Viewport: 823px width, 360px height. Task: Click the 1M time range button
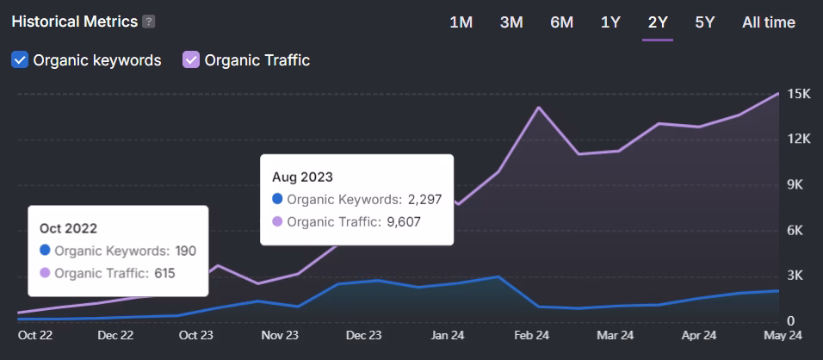click(x=461, y=22)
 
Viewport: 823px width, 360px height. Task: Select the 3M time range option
click(x=511, y=22)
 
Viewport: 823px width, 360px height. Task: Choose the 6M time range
click(x=561, y=22)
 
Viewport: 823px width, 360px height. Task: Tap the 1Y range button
click(x=610, y=22)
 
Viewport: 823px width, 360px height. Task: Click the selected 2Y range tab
click(x=658, y=22)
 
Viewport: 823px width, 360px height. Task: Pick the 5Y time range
click(x=704, y=22)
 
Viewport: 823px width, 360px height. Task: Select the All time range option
click(x=768, y=22)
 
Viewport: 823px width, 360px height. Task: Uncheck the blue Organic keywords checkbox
click(x=20, y=60)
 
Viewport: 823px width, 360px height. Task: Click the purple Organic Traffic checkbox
click(x=191, y=60)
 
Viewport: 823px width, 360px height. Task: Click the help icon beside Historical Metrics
click(x=149, y=22)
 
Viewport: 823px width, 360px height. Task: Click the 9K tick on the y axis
click(x=797, y=185)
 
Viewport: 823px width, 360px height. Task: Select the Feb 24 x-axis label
click(x=532, y=336)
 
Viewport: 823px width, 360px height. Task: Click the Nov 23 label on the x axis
click(x=280, y=336)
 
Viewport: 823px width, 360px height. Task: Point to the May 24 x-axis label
click(x=783, y=336)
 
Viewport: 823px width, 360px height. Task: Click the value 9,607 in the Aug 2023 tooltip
click(x=405, y=221)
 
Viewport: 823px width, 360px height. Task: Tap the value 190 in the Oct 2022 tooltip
click(x=186, y=251)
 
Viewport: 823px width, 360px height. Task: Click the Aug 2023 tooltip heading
click(x=302, y=177)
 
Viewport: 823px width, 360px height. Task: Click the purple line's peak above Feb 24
click(x=539, y=108)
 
